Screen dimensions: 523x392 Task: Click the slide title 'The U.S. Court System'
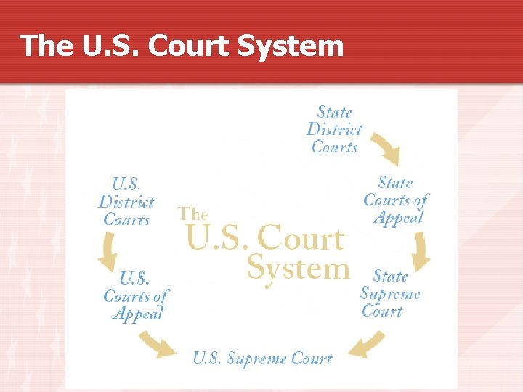click(182, 46)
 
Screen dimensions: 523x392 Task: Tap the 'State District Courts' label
click(334, 129)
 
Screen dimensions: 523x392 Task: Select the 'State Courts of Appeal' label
click(395, 200)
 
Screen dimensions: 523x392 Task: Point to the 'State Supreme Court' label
click(390, 293)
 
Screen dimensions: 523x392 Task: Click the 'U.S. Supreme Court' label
click(262, 359)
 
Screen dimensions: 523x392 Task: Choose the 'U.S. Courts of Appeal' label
click(136, 295)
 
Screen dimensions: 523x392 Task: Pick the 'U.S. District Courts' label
click(126, 201)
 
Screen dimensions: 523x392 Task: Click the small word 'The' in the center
click(193, 214)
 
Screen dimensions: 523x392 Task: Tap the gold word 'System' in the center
click(298, 269)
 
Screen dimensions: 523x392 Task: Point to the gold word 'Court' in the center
click(301, 239)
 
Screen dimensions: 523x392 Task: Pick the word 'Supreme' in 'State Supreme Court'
click(390, 294)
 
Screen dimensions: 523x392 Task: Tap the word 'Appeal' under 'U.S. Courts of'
click(138, 314)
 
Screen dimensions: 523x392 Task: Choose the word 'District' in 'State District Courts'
click(334, 129)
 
